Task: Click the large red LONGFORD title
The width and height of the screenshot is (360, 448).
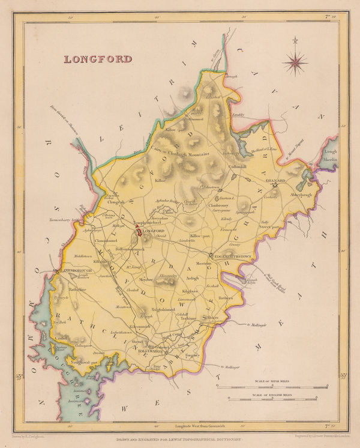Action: click(98, 59)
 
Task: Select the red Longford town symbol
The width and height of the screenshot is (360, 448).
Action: click(138, 229)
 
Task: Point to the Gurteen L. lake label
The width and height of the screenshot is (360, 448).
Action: click(226, 198)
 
